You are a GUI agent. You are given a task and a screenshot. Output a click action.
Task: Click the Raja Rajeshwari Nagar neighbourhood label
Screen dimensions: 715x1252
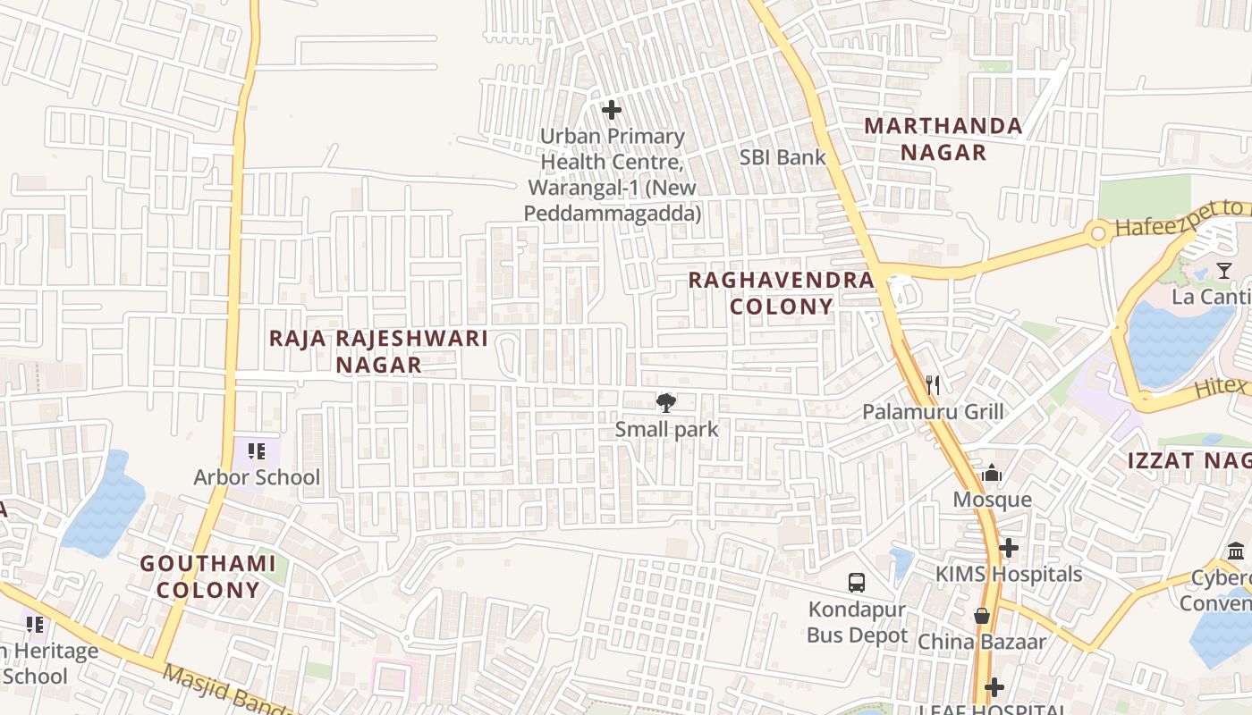(x=378, y=351)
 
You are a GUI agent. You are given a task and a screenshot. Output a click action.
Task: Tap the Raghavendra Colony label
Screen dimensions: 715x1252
(x=781, y=293)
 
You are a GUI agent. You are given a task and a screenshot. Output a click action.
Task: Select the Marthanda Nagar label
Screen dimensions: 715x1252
(x=943, y=139)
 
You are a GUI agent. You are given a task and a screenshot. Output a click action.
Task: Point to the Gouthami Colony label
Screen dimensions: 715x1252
(x=208, y=576)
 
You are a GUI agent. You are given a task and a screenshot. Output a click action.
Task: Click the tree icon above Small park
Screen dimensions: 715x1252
(x=666, y=403)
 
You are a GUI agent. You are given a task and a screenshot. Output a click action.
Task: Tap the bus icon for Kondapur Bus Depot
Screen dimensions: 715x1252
(x=857, y=583)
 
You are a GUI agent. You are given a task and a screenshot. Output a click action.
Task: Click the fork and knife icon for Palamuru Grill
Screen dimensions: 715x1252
(x=933, y=385)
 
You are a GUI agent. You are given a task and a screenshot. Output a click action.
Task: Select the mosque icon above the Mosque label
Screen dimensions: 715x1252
(x=992, y=474)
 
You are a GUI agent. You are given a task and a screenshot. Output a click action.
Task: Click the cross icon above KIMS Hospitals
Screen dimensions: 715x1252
(x=1009, y=548)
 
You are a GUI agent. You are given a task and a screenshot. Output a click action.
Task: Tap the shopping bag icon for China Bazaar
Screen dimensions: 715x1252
(x=982, y=616)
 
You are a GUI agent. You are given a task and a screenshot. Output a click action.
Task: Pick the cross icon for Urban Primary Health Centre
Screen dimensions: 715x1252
(x=612, y=110)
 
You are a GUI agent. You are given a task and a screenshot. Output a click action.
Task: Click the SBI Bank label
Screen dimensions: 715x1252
(x=782, y=157)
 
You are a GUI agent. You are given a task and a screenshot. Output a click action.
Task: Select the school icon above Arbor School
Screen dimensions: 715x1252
(x=257, y=451)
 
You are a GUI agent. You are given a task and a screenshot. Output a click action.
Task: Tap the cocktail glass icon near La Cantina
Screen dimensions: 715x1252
(x=1224, y=270)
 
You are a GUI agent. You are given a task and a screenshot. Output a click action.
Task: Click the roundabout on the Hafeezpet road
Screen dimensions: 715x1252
(x=1097, y=234)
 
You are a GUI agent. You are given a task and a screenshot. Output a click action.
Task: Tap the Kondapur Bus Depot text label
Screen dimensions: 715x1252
(x=857, y=623)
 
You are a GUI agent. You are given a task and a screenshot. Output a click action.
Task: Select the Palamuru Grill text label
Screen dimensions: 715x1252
(x=933, y=412)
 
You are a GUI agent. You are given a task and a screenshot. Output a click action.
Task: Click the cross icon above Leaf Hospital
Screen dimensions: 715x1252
(x=994, y=687)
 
